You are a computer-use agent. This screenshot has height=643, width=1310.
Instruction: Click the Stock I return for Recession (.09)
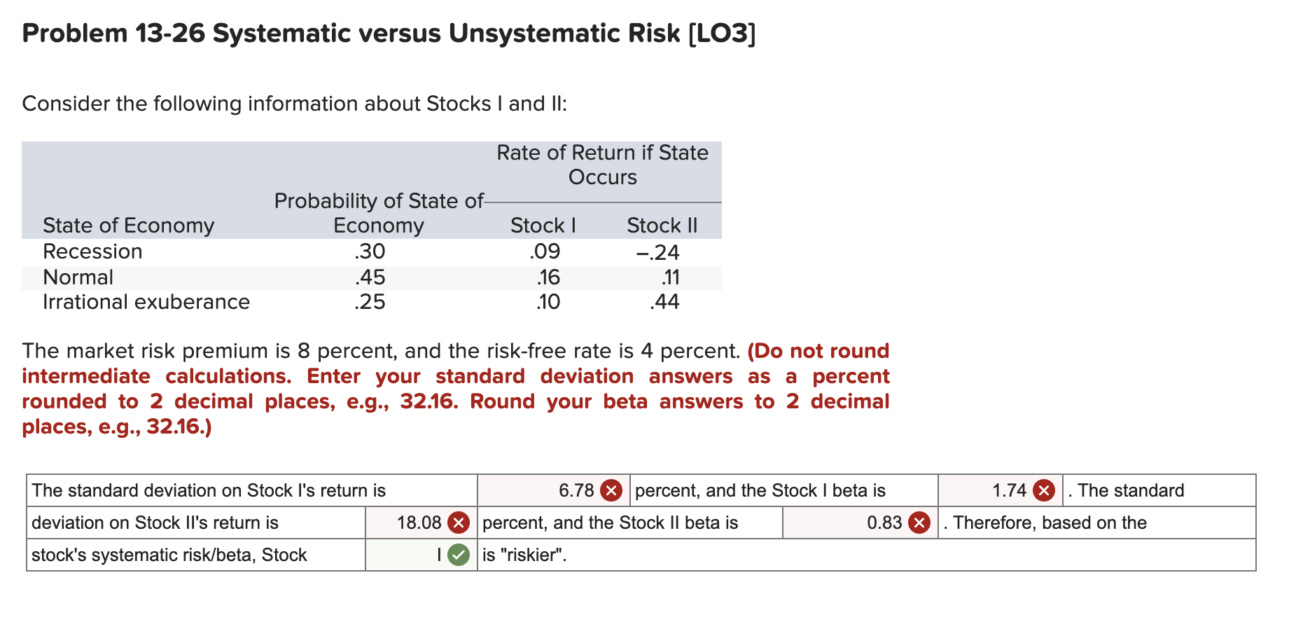[545, 251]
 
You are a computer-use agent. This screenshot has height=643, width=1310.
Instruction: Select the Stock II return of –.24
[657, 252]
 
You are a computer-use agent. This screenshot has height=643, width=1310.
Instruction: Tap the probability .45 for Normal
[370, 277]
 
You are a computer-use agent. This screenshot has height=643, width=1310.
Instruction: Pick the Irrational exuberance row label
[146, 302]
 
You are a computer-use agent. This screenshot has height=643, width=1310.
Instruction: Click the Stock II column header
[662, 226]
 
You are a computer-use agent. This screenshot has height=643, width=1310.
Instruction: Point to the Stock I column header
[543, 226]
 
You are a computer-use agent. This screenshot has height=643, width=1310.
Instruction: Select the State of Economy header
[128, 226]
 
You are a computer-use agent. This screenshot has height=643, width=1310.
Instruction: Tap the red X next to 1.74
[1044, 490]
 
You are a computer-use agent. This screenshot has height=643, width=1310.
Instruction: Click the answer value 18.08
[419, 523]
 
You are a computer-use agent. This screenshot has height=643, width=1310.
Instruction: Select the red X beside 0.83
[919, 523]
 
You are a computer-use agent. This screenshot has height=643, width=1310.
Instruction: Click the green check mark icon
[459, 555]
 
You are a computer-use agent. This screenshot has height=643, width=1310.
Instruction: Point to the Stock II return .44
[664, 302]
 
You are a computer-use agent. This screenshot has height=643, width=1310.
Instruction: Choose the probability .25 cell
[370, 302]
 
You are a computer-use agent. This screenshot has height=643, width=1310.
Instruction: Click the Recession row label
[92, 251]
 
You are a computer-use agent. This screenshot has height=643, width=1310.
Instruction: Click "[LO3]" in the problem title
[722, 34]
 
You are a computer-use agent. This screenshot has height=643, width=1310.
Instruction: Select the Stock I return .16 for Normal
[548, 277]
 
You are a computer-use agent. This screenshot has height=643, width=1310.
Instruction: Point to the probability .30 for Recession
[370, 251]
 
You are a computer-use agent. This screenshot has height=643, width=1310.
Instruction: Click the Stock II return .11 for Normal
[670, 277]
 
